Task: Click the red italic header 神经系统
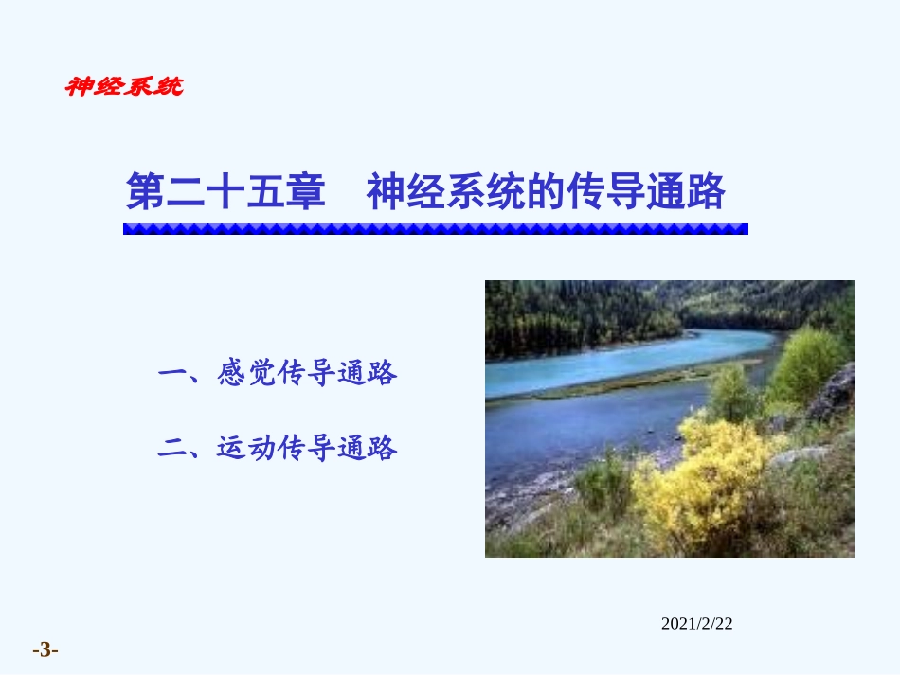coord(123,87)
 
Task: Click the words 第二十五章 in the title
coord(225,192)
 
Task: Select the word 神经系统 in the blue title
coord(445,192)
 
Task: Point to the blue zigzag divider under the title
coord(435,228)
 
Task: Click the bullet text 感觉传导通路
coord(307,374)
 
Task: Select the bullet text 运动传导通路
coord(307,448)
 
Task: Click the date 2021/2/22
coord(696,623)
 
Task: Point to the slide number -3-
coord(45,650)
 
